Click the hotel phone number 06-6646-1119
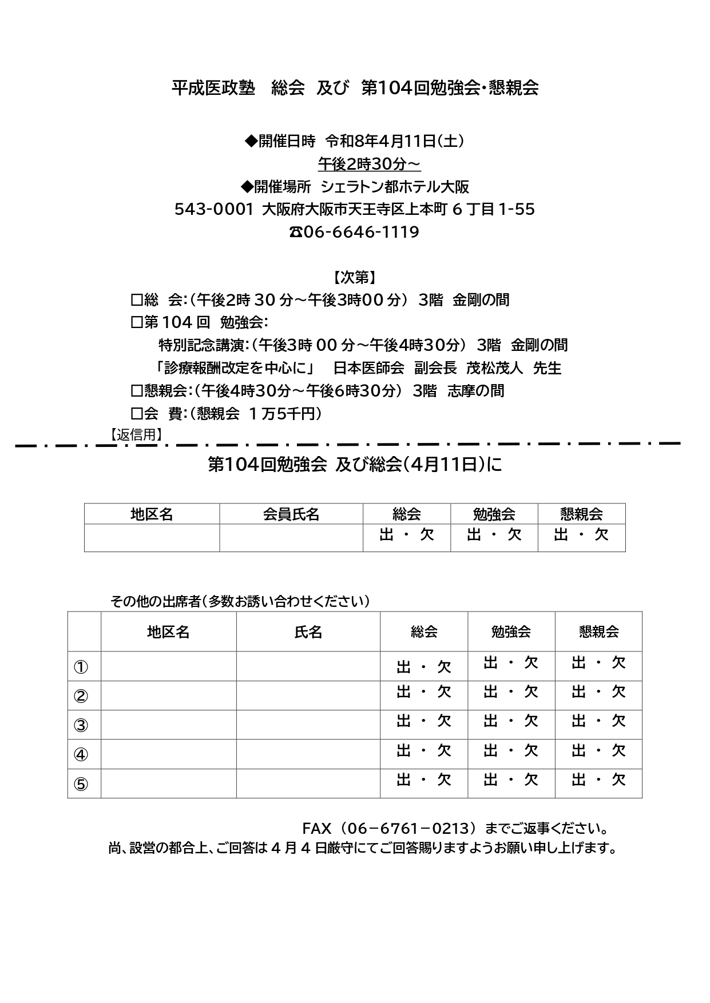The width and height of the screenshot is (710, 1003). (x=360, y=232)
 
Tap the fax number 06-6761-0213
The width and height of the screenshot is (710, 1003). (x=388, y=828)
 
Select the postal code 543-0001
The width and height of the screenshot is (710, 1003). (x=213, y=209)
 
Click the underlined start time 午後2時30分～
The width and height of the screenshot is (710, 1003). (x=369, y=164)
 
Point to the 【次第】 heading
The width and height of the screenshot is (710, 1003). (x=355, y=278)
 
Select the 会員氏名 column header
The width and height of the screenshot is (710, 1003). (x=291, y=514)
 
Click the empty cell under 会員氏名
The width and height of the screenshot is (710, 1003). (x=291, y=538)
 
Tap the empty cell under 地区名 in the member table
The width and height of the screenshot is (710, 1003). (x=152, y=538)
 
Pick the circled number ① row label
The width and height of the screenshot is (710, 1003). (x=81, y=666)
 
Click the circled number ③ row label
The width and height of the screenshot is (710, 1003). (x=81, y=725)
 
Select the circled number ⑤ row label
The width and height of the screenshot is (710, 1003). (x=81, y=784)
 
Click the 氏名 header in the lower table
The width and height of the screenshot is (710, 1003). (x=308, y=632)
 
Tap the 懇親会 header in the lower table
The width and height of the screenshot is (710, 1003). (x=598, y=632)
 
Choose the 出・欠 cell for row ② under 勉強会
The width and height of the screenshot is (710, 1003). (x=511, y=692)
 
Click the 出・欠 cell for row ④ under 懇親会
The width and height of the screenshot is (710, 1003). (x=598, y=751)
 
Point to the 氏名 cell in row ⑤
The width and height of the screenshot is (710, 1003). (x=308, y=784)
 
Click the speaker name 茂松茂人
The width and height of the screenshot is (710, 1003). (x=494, y=368)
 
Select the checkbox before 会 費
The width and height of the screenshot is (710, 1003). (x=136, y=414)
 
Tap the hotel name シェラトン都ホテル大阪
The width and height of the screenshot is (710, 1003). (x=395, y=187)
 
